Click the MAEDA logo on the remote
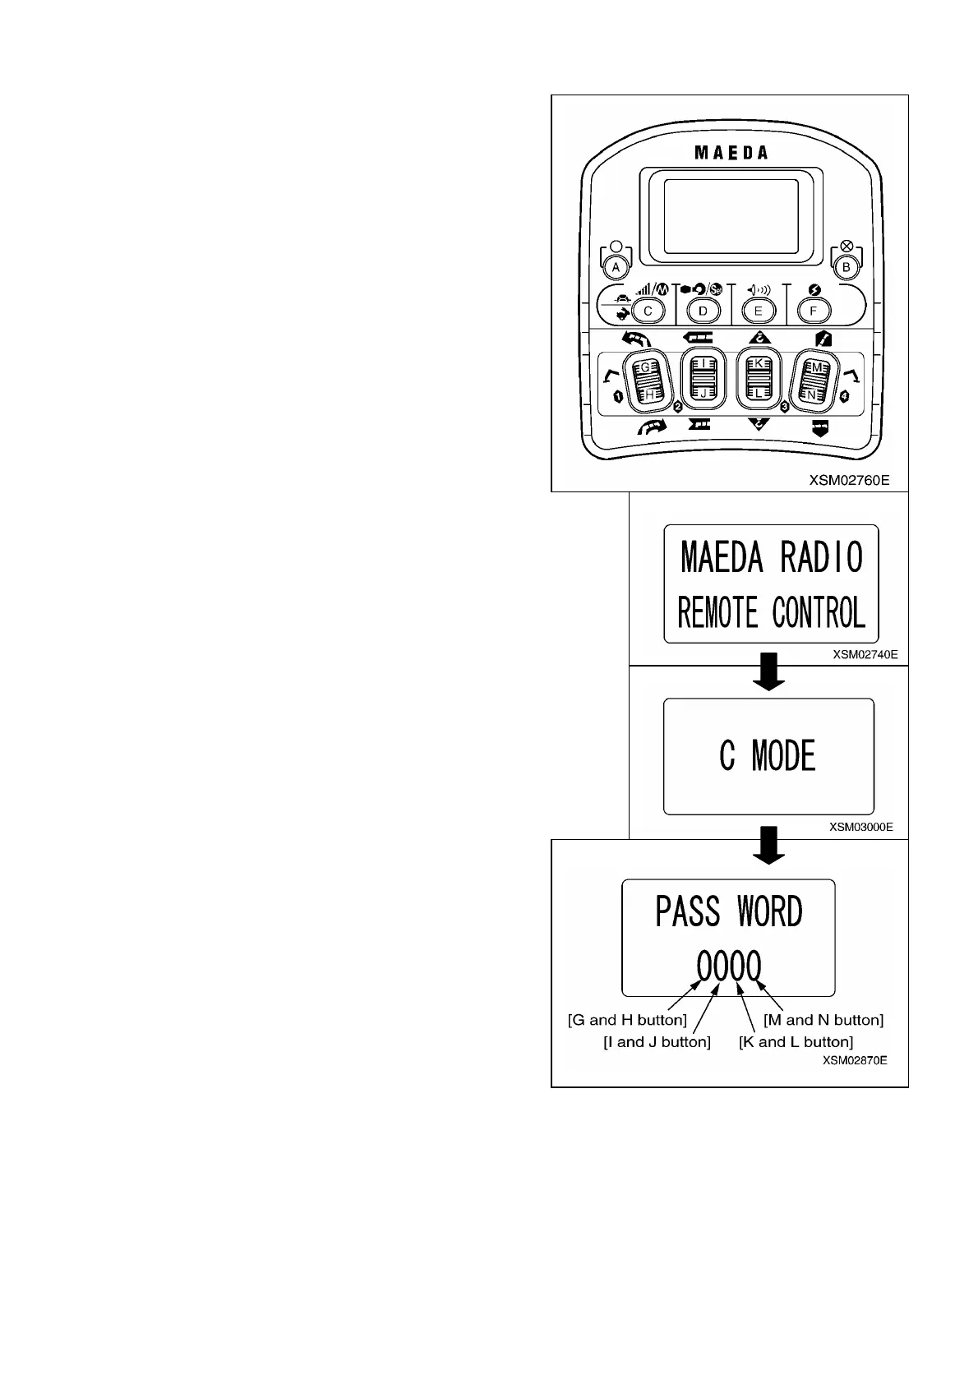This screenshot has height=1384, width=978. point(731,153)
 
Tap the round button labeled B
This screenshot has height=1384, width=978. point(846,267)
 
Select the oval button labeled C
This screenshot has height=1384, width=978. point(648,311)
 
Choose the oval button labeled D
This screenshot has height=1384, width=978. point(703,311)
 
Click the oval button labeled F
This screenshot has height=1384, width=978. point(814,311)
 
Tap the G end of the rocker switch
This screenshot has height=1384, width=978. point(646,367)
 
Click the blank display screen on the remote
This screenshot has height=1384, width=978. point(731,216)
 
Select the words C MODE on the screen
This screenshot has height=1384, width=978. point(768,756)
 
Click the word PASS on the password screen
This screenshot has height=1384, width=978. point(688,912)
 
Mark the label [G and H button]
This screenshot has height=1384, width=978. point(627,1021)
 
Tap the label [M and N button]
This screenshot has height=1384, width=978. point(823,1021)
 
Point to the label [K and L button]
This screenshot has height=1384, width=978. point(796,1042)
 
